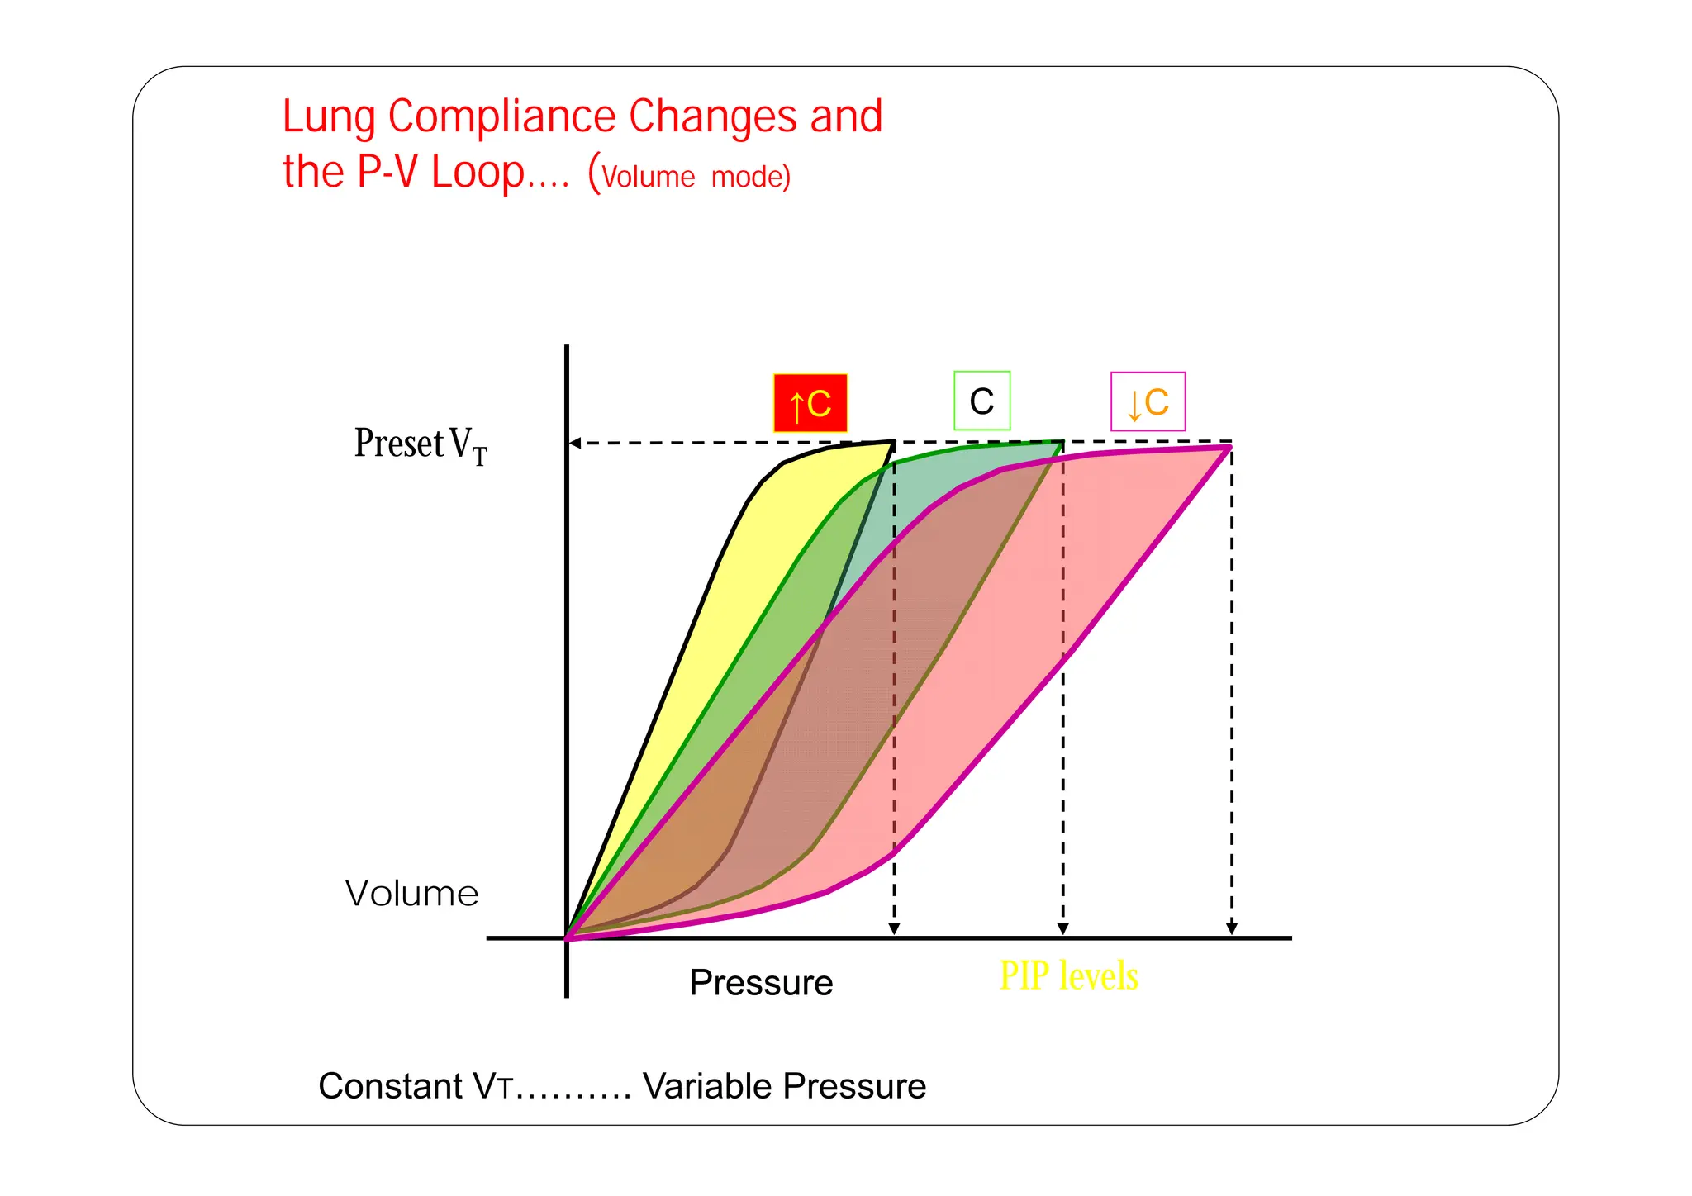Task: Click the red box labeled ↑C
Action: [810, 403]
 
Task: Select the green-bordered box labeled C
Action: [981, 401]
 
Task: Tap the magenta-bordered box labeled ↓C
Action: [1148, 402]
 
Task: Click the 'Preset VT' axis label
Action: [421, 444]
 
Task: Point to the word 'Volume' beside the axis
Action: [411, 894]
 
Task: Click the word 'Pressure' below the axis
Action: [761, 983]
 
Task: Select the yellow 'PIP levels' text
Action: [1068, 976]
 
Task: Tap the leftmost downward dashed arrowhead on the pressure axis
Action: [894, 929]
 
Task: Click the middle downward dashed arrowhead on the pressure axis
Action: [1063, 929]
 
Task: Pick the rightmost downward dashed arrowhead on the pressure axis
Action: [1232, 929]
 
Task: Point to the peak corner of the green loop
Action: [1062, 443]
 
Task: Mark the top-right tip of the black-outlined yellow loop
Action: [893, 443]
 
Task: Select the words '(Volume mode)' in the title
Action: [690, 175]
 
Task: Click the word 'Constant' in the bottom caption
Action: [390, 1086]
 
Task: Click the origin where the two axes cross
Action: [567, 938]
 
